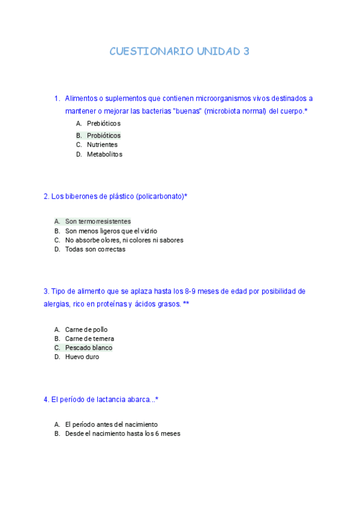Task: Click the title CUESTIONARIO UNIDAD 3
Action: pos(179,52)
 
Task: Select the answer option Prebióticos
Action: pos(103,124)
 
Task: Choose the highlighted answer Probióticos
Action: pos(103,135)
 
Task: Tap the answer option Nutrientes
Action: pos(102,145)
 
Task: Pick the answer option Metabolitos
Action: pos(104,154)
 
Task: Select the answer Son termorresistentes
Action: pos(98,221)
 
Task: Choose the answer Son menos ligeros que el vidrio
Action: pos(111,230)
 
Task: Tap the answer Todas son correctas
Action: pos(95,249)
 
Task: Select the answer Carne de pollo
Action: pos(86,330)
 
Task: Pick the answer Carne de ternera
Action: pos(89,339)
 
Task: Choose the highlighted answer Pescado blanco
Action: pos(89,348)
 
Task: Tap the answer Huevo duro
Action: pos(82,357)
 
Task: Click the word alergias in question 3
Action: pos(56,304)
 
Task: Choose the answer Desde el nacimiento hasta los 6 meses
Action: pos(122,433)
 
